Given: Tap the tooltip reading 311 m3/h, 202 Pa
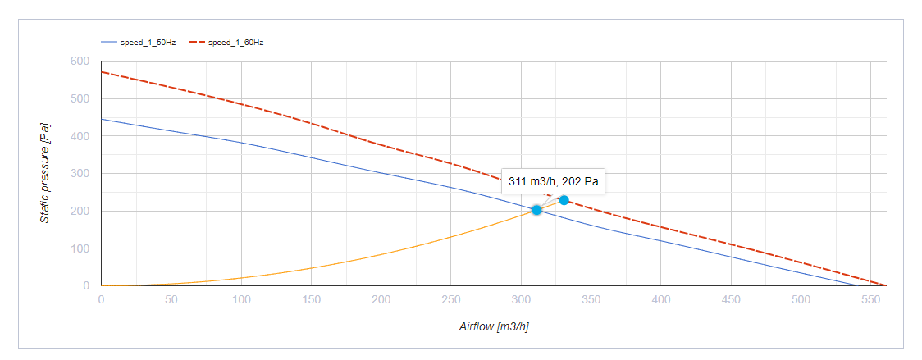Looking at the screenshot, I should pyautogui.click(x=554, y=181).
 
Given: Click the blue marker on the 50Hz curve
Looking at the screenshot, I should pyautogui.click(x=536, y=210).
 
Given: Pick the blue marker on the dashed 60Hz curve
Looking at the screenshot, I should pyautogui.click(x=564, y=200).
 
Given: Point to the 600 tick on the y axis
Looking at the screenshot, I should pyautogui.click(x=80, y=62).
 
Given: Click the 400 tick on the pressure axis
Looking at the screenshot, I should pyautogui.click(x=80, y=136).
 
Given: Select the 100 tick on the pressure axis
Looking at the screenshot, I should pyautogui.click(x=80, y=248).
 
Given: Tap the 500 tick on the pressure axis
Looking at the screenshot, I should pyautogui.click(x=80, y=99).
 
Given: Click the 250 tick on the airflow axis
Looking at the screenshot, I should pyautogui.click(x=450, y=299).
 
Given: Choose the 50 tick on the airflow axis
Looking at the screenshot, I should pyautogui.click(x=171, y=299).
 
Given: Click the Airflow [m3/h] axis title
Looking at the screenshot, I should pyautogui.click(x=494, y=327).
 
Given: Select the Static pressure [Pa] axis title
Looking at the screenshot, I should pyautogui.click(x=46, y=173).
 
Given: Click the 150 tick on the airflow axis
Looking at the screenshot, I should pyautogui.click(x=311, y=299).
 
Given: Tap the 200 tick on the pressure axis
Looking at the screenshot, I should pyautogui.click(x=80, y=212).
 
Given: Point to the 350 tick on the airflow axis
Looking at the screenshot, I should pyautogui.click(x=591, y=299).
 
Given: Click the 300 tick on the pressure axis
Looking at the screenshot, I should pyautogui.click(x=80, y=174).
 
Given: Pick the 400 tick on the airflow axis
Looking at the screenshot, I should pyautogui.click(x=660, y=299).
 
